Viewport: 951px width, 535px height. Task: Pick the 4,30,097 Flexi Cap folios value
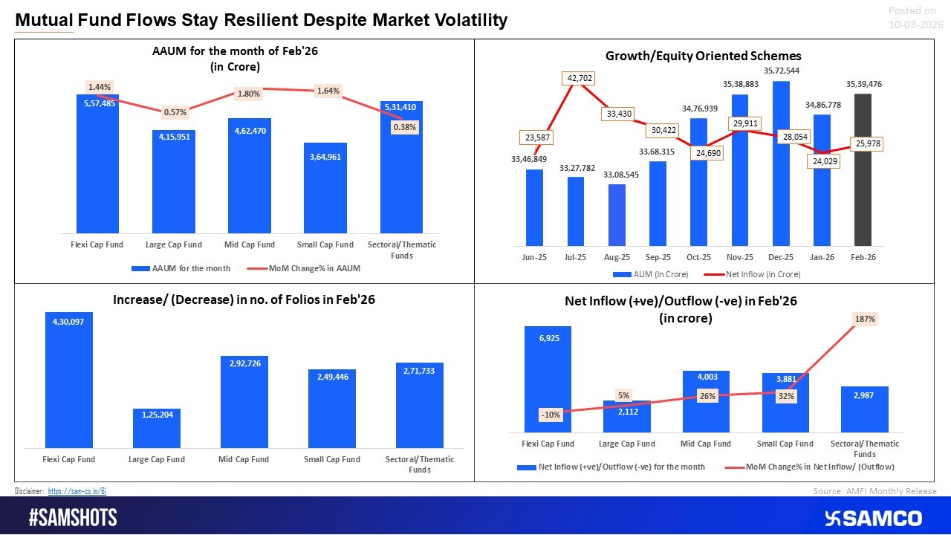68,322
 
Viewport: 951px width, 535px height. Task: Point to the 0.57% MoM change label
175,112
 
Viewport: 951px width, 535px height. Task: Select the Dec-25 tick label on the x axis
779,257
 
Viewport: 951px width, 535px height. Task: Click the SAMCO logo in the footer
873,518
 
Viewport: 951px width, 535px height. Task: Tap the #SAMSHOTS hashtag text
73,518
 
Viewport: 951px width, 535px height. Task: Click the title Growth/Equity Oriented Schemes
703,56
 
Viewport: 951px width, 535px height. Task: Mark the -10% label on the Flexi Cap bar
551,415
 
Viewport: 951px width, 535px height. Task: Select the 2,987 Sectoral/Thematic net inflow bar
863,410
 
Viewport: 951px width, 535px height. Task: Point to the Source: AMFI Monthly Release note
875,491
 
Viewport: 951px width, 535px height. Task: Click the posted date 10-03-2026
915,25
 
